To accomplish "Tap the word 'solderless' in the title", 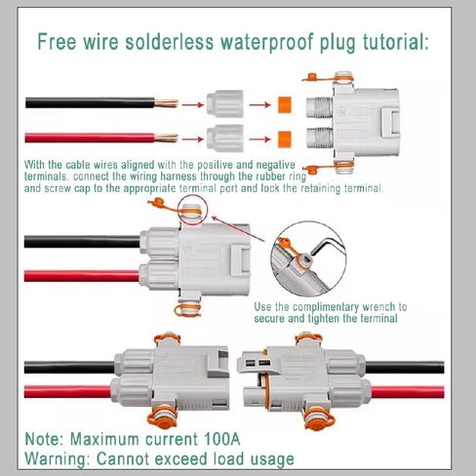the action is (x=170, y=41).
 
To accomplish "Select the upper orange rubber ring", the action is (x=284, y=104).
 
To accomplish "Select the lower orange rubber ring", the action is (x=284, y=139).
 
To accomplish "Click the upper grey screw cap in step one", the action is (x=225, y=103).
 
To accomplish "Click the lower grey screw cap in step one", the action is (x=225, y=139).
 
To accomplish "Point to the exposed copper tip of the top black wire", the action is (x=166, y=103).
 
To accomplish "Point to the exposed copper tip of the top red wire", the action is (x=166, y=138).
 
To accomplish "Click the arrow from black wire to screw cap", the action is (x=193, y=104).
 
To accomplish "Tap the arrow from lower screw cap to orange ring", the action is (x=260, y=139).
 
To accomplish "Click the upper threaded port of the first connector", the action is (x=319, y=107).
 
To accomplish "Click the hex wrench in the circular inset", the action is (x=324, y=246).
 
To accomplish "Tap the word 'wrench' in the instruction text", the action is (x=378, y=307).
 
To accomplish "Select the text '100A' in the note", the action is (x=222, y=439).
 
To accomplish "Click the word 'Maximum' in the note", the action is (x=104, y=439).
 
